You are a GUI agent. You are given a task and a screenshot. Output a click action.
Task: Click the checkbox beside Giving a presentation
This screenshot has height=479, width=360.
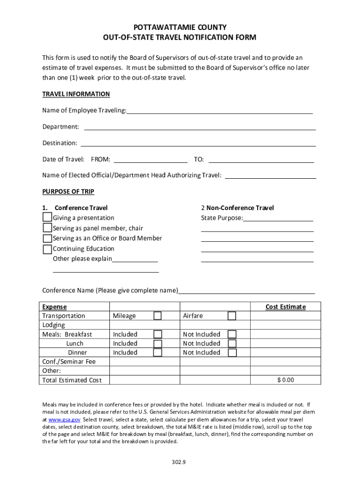[x=47, y=218]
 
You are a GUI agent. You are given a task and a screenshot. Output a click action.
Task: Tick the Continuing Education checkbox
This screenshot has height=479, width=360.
[x=47, y=248]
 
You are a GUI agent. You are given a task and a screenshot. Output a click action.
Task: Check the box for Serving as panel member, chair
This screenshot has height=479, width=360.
[x=47, y=228]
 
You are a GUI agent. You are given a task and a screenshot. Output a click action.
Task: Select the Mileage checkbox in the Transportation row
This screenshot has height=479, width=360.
[x=158, y=316]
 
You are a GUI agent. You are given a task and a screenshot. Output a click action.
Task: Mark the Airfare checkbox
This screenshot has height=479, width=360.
[x=232, y=316]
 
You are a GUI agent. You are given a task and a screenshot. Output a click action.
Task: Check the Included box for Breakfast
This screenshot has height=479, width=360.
[x=158, y=334]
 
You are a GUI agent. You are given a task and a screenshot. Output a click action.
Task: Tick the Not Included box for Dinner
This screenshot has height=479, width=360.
[x=232, y=352]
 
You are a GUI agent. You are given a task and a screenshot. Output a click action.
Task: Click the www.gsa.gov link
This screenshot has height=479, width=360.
[x=62, y=420]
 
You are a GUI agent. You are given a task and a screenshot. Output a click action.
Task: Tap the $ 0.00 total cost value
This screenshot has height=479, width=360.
[x=285, y=380]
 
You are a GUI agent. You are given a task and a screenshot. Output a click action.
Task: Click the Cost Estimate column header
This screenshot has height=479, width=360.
[x=285, y=307]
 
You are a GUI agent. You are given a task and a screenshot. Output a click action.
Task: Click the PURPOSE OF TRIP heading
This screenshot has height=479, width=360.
[x=68, y=191]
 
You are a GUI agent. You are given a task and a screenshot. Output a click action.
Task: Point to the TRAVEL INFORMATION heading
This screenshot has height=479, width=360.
[x=76, y=94]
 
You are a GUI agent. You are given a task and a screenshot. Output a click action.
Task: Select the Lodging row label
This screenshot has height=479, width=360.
[x=54, y=325]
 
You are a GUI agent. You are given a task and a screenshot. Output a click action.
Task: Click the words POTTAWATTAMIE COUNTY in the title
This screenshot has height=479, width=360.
[x=180, y=28]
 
